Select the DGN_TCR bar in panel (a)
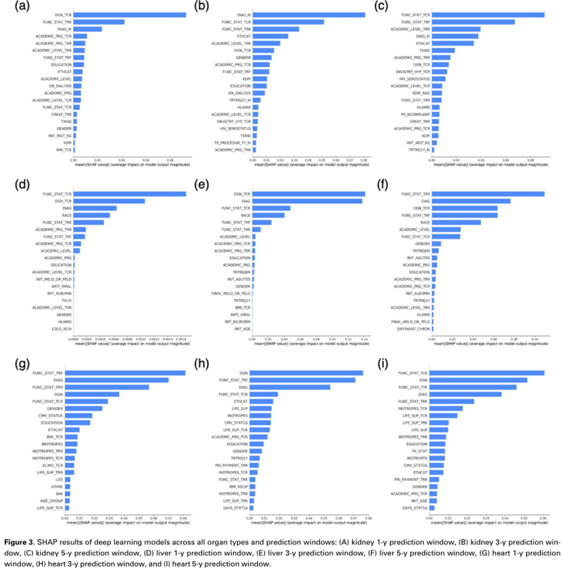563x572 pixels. [x=130, y=14]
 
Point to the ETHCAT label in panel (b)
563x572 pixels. [x=243, y=36]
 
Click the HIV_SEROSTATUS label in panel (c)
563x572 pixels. [x=417, y=79]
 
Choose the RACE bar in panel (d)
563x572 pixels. [x=92, y=215]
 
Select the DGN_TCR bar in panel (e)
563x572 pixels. [x=309, y=194]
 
